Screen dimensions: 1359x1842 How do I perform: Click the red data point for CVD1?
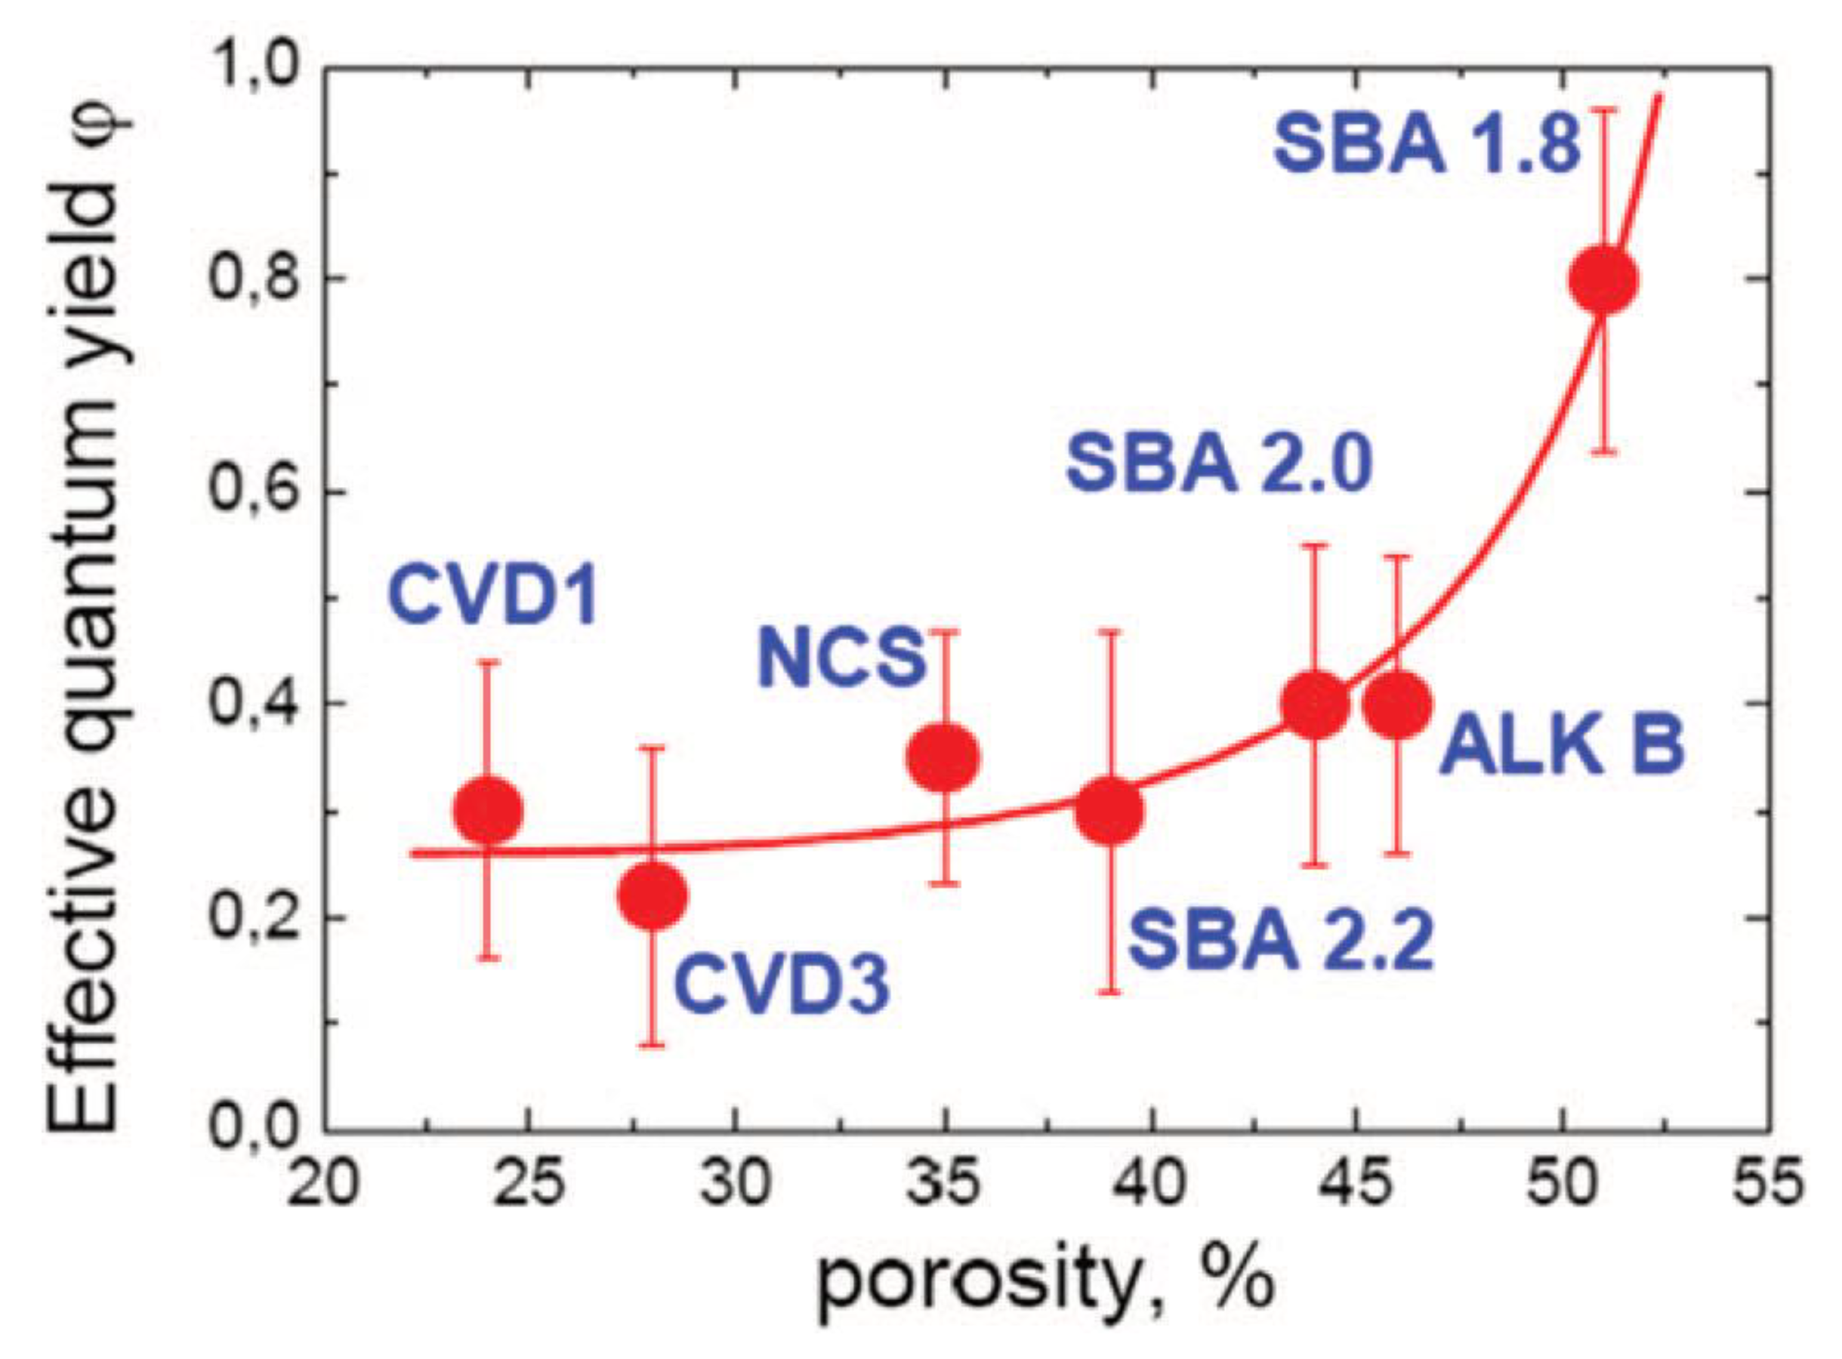coord(488,810)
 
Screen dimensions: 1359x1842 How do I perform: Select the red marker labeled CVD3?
coord(652,894)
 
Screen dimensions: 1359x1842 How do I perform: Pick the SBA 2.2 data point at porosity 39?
coord(1110,811)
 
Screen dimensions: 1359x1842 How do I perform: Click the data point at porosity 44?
coord(1316,704)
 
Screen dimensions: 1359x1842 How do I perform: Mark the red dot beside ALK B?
coord(1397,705)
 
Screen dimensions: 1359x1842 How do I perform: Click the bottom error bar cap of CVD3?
coord(652,1046)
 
